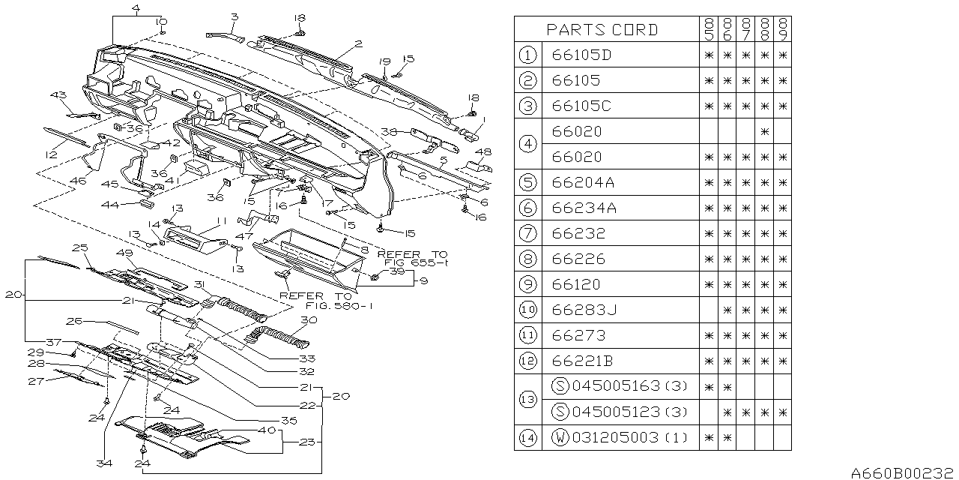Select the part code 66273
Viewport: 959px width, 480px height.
(578, 335)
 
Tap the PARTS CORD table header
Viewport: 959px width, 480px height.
(602, 29)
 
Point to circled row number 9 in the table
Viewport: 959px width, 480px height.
(528, 284)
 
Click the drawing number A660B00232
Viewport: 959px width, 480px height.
(903, 473)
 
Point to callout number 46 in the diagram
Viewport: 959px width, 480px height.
(78, 181)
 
